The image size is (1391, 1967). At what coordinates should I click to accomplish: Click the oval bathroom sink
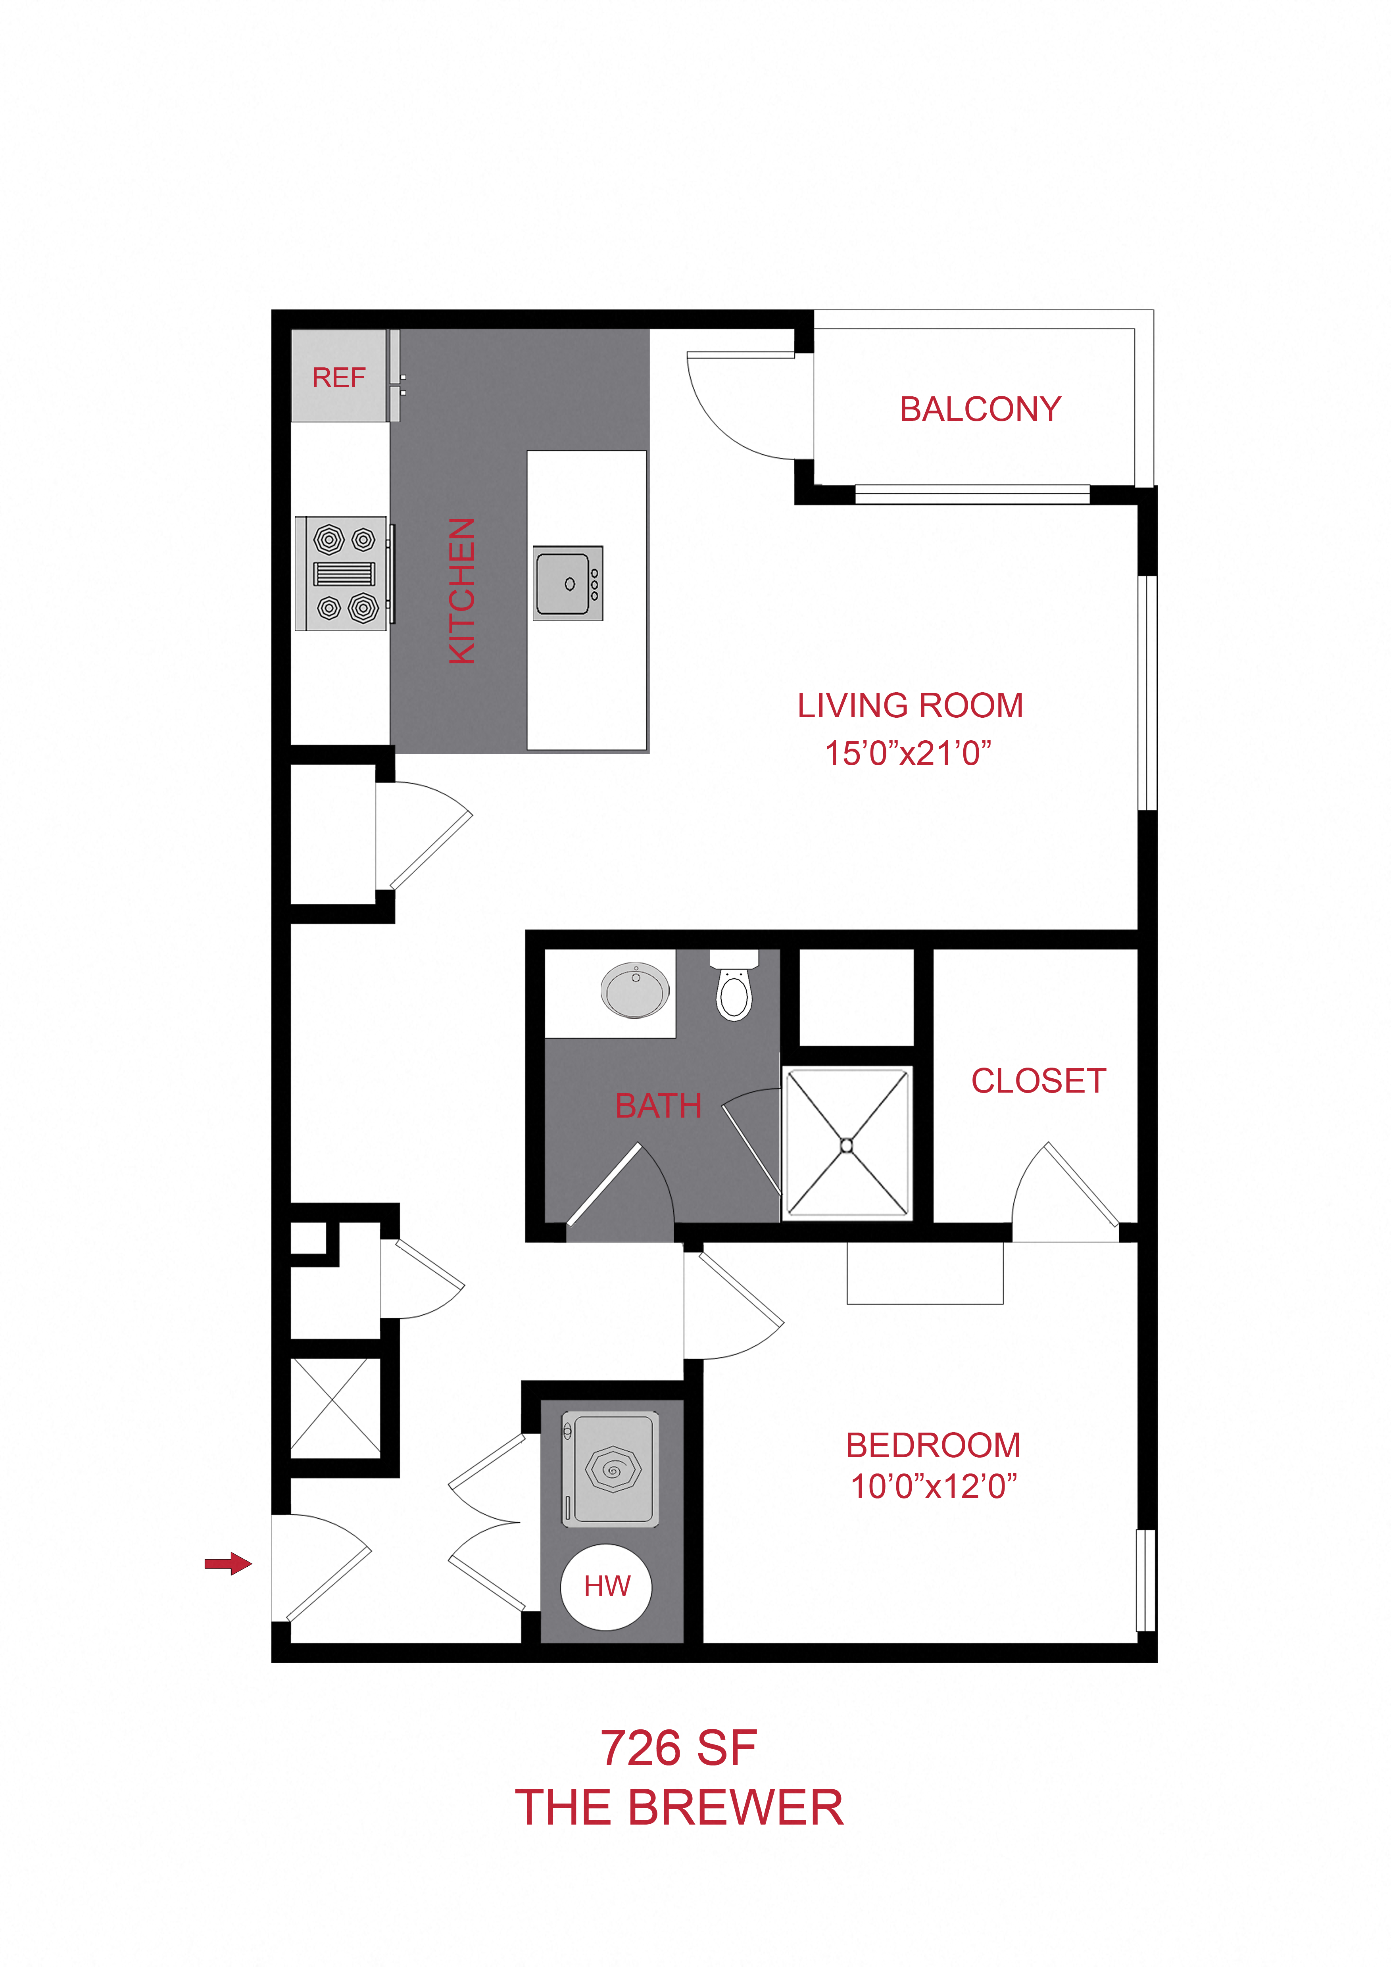point(636,989)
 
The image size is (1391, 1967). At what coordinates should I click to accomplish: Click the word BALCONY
point(980,409)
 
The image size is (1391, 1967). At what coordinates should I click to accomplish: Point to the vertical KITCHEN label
point(462,591)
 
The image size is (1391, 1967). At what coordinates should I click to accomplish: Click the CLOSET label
point(1038,1081)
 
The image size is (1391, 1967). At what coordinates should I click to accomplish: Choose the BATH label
point(658,1106)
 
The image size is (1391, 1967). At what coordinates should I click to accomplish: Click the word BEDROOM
point(933,1445)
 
